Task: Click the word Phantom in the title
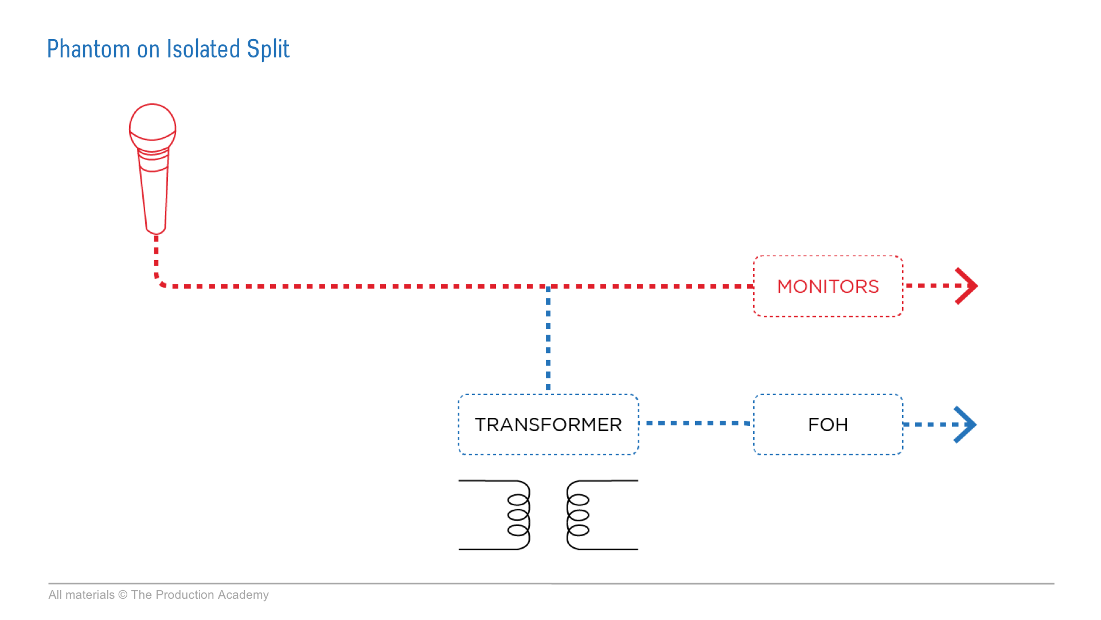[88, 49]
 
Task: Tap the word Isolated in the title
[204, 49]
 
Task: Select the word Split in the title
[268, 49]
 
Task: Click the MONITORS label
[827, 286]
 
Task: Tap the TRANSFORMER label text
[548, 425]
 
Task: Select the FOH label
[827, 425]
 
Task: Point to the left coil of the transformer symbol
[519, 515]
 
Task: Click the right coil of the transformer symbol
[577, 515]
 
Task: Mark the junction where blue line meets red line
[548, 286]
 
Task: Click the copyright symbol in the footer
[123, 595]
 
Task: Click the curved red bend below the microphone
[159, 281]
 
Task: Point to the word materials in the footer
[89, 595]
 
